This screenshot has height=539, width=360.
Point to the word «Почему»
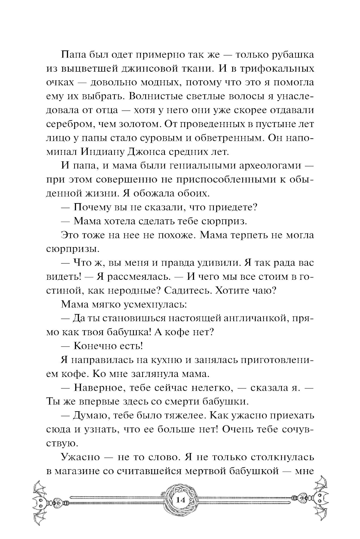point(94,207)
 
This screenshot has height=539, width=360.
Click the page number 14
point(180,500)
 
